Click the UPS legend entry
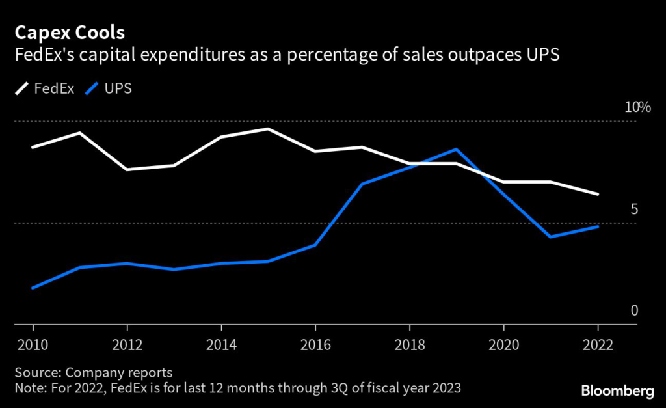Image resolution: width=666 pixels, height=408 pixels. [x=118, y=88]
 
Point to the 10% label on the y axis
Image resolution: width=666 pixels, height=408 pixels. [x=637, y=107]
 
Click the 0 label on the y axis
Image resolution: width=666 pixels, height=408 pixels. [x=634, y=310]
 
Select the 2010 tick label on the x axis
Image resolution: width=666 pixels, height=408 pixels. [x=32, y=345]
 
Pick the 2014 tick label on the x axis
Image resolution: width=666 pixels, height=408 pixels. [x=221, y=345]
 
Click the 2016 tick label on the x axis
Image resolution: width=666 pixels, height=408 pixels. [x=315, y=345]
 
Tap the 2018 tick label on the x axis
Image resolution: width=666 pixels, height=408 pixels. [x=409, y=345]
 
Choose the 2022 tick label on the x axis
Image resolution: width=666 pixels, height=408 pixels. [x=598, y=345]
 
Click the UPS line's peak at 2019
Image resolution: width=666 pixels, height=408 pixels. [x=457, y=149]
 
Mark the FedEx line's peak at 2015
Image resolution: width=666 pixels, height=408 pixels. [x=268, y=129]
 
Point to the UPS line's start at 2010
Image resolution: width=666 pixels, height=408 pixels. [x=33, y=288]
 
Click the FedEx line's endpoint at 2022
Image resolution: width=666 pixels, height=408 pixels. [x=598, y=194]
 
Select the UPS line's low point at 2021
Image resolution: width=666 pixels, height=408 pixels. [x=550, y=237]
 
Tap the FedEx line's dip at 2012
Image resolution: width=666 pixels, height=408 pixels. [x=127, y=169]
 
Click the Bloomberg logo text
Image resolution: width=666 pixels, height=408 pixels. [x=617, y=390]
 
